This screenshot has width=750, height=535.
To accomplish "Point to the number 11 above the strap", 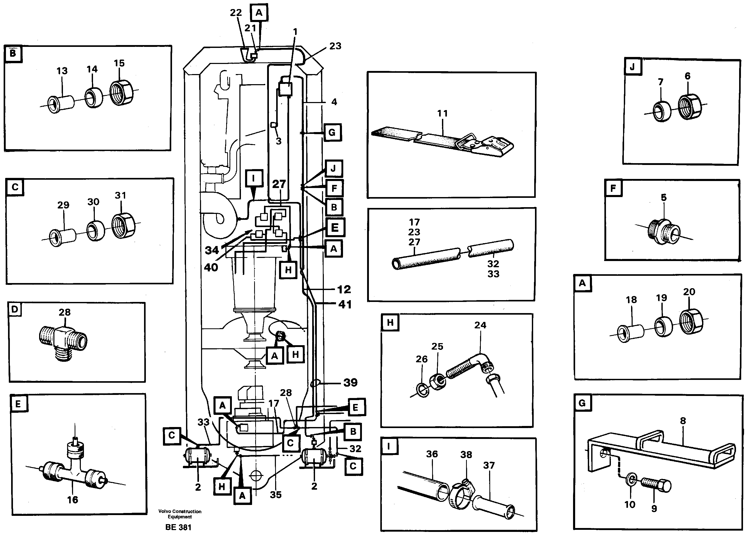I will click(442, 114).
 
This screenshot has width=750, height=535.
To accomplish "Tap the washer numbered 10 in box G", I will click(630, 480).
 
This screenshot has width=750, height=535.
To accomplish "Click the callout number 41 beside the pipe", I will click(345, 304).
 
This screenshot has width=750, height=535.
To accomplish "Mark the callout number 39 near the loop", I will click(350, 382).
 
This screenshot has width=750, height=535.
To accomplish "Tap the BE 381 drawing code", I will click(178, 527).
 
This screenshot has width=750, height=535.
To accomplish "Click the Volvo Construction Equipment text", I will click(180, 514).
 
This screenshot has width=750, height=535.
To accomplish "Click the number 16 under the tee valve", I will click(73, 500).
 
